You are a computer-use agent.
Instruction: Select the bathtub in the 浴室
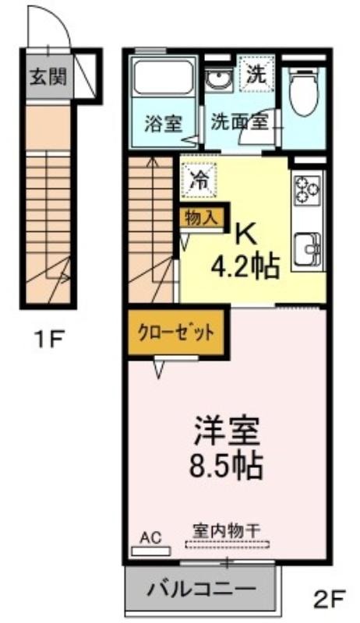click(163, 77)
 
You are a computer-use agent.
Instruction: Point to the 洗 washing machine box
click(256, 75)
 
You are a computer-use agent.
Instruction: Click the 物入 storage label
click(202, 218)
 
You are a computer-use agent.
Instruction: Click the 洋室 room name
click(226, 431)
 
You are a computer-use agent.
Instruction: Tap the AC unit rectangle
click(151, 551)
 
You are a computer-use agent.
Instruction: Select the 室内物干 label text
click(227, 530)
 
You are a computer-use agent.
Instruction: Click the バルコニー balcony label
click(200, 589)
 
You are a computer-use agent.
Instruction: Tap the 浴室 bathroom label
click(163, 124)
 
